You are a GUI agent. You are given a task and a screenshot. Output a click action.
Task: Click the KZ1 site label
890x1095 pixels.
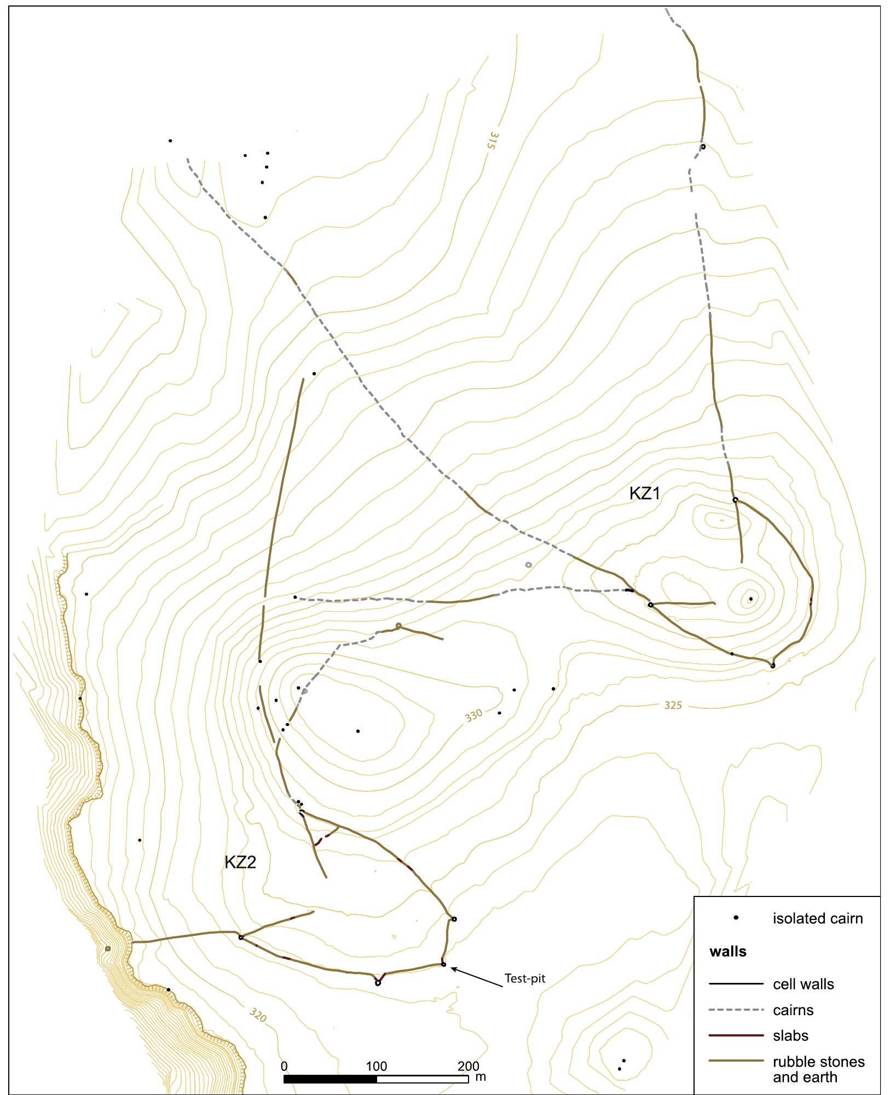point(645,494)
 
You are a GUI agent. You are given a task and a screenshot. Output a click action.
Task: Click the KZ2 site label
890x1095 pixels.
point(240,862)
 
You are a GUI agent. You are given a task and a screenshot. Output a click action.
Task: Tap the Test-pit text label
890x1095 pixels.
point(524,978)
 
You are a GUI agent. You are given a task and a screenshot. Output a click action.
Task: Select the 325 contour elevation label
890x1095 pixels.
point(673,706)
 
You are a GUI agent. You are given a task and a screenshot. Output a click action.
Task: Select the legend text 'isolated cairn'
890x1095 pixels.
point(817,918)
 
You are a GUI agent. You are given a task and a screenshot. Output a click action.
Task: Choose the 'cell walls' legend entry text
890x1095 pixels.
point(803,984)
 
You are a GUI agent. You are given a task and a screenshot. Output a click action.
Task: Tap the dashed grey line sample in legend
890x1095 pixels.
point(736,1010)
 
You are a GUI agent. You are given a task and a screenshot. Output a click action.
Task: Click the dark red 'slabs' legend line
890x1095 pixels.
point(736,1035)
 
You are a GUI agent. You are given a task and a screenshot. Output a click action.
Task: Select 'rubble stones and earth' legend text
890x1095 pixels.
point(818,1069)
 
